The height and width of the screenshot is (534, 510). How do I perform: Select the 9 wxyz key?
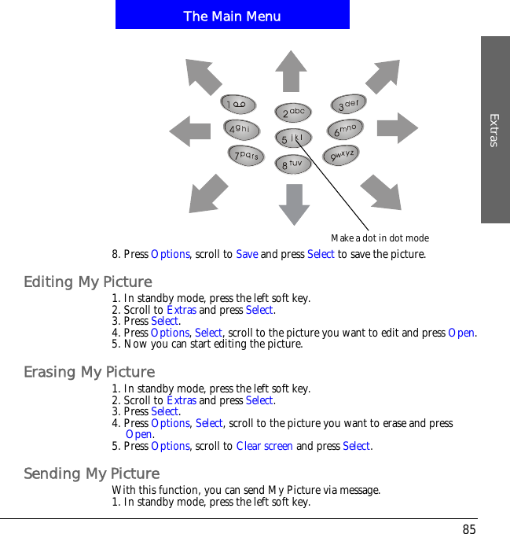tap(343, 157)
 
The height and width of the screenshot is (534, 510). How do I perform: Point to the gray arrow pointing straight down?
tap(294, 204)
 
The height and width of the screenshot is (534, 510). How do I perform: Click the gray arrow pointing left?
tap(190, 130)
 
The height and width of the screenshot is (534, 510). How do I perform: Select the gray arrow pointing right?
tap(397, 127)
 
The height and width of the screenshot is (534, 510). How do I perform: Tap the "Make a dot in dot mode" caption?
tap(380, 238)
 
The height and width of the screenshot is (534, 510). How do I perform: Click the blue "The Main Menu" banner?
tap(232, 16)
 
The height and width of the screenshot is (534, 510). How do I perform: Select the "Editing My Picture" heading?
tap(88, 282)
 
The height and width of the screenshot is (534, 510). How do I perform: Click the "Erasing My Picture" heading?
tap(90, 371)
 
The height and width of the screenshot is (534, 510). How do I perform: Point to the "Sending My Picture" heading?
tap(92, 473)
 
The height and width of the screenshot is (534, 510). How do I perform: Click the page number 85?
tap(468, 529)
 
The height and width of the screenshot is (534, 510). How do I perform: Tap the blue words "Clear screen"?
tap(264, 446)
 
